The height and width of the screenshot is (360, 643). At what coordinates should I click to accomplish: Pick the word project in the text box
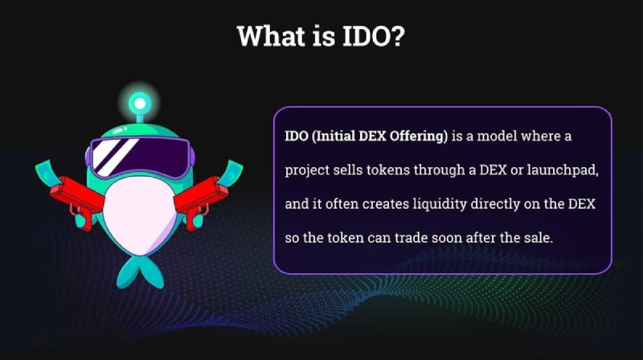pos(305,171)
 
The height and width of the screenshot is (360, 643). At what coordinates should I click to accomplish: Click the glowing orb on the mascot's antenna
pos(138,103)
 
